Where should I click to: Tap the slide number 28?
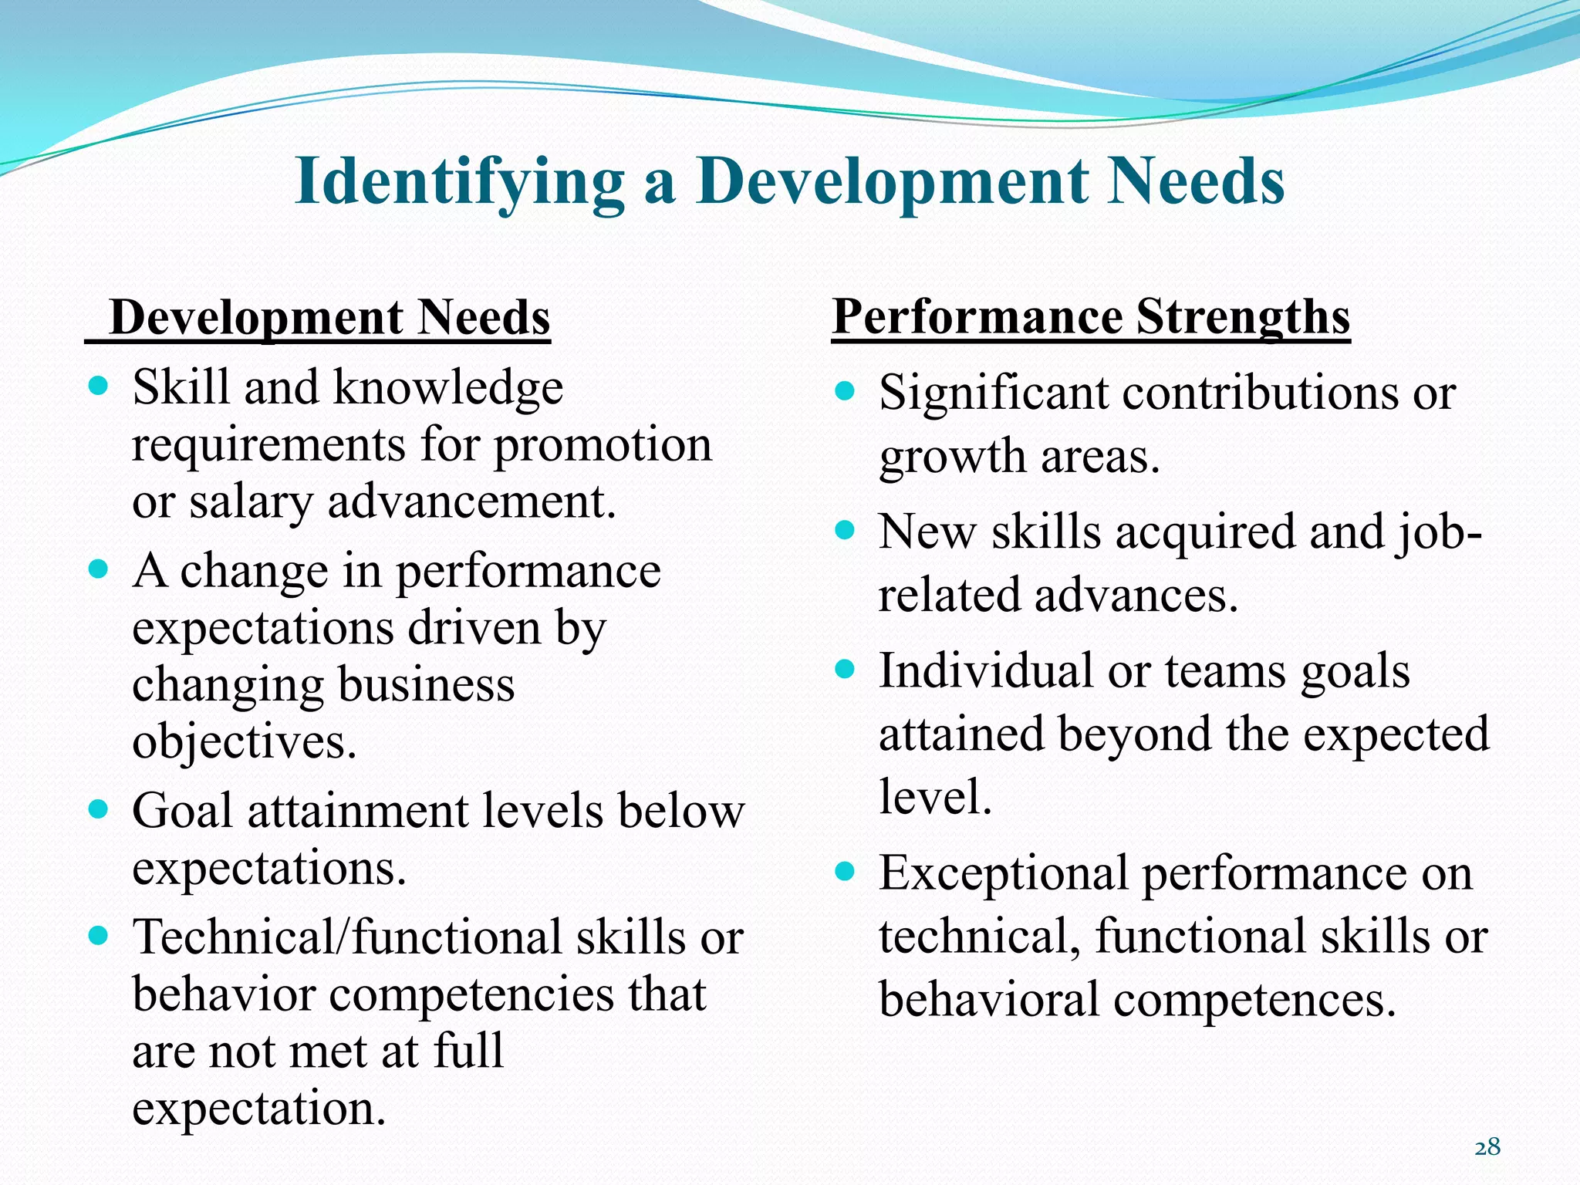coord(1487,1147)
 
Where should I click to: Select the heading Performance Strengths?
coord(1091,317)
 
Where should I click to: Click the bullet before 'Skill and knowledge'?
coord(98,385)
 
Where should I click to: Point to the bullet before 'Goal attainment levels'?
coord(98,809)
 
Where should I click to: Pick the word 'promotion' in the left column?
coord(603,445)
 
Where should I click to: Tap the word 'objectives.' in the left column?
coord(245,741)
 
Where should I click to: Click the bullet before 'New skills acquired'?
coord(846,530)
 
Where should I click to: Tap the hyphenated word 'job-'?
coord(1438,533)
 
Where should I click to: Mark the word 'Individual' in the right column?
coord(985,670)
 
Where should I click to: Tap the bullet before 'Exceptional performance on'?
coord(846,872)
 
